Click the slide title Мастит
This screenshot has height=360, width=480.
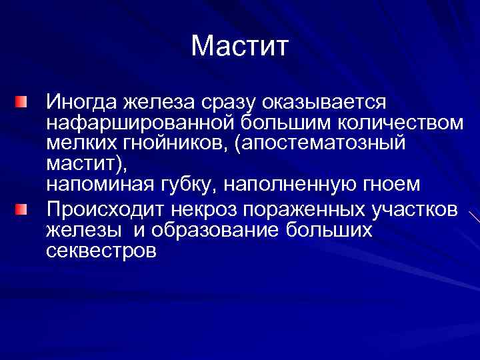239,47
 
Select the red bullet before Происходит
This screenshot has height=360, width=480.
22,209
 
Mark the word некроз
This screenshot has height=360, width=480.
207,209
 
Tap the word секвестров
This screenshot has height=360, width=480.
101,251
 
